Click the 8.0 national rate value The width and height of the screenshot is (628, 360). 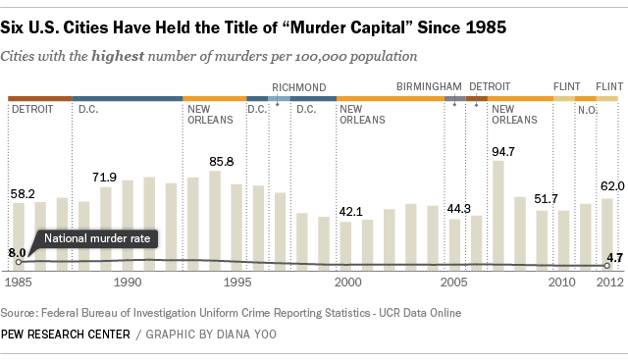17,252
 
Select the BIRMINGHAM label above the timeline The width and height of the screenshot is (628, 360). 427,87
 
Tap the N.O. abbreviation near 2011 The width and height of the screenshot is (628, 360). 586,108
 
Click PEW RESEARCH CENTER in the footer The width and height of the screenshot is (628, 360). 65,334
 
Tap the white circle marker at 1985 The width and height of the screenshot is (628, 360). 19,261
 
